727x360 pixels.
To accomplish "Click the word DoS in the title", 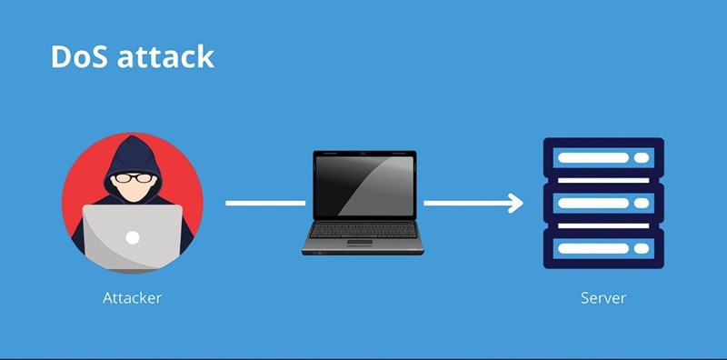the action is (x=79, y=56).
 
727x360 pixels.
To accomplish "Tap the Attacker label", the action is (x=132, y=297).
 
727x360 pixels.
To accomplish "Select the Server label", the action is (x=603, y=297).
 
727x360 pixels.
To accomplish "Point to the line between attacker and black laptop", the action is (x=264, y=203).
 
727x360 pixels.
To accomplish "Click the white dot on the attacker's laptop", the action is (x=133, y=238).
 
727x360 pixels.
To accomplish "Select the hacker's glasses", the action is (x=133, y=179).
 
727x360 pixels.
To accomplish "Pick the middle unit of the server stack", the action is (x=603, y=203).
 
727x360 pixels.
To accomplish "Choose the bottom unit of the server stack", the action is (x=603, y=247).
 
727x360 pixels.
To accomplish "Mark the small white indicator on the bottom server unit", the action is (x=641, y=247).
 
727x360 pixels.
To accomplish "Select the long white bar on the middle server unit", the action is (x=591, y=203).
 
